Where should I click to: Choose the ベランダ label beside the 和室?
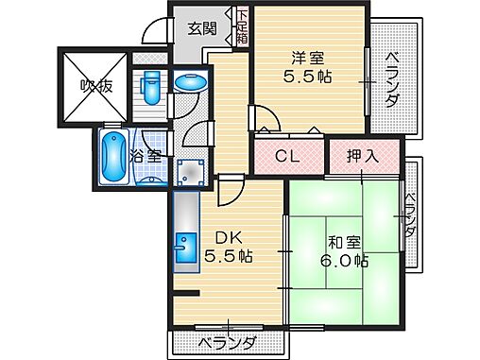pos(411,215)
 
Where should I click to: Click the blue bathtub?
pos(112,159)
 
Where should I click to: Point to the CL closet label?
pos(287,157)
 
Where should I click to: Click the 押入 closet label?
pos(363,156)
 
